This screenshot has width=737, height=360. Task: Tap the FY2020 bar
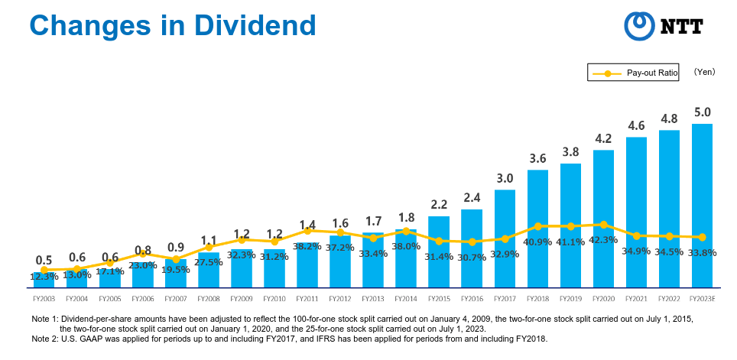603,219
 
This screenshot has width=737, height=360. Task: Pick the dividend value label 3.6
537,159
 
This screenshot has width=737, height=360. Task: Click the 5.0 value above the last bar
703,112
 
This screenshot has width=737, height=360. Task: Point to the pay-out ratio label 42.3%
603,240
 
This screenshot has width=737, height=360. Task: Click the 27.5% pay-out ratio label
208,261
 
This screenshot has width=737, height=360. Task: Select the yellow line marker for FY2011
307,231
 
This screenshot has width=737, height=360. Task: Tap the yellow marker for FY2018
537,226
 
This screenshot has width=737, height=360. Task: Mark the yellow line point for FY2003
44,271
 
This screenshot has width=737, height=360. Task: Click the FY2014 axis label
406,298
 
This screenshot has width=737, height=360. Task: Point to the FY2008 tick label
209,298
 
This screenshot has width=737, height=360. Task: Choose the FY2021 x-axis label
636,298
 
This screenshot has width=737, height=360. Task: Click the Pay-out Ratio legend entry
633,73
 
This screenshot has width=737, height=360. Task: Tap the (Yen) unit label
704,72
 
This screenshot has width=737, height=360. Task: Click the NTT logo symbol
639,26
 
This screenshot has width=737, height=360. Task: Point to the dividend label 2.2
439,205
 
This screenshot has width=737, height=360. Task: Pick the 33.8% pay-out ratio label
703,253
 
